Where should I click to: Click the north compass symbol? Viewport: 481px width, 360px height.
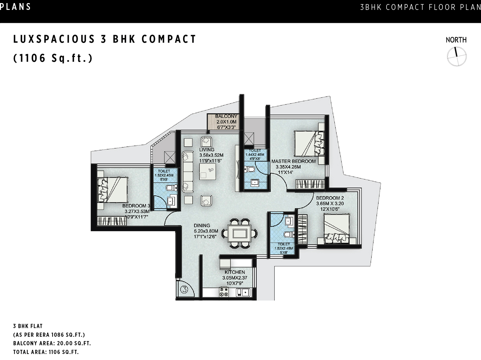pos(456,57)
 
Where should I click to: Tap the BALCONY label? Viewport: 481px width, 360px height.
pos(226,116)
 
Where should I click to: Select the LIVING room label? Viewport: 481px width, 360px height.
pos(207,149)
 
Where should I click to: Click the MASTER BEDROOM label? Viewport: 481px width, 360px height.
pos(293,161)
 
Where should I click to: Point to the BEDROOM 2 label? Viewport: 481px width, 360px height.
pos(330,198)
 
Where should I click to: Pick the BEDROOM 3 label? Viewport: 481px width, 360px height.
pos(136,206)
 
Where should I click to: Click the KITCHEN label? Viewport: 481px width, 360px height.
pos(235,272)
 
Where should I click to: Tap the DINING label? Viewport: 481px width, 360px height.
pos(202,226)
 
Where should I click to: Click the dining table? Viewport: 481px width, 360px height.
pos(240,233)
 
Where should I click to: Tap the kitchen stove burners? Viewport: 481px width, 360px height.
pos(224,292)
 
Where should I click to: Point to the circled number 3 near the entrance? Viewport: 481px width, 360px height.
pos(184,289)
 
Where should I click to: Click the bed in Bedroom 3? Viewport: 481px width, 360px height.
pos(113,190)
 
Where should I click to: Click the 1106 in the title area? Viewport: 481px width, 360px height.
pos(32,58)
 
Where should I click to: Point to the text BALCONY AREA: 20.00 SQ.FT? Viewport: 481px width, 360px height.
pos(52,343)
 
